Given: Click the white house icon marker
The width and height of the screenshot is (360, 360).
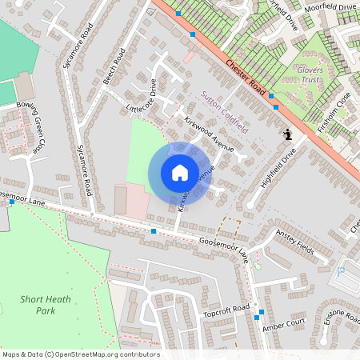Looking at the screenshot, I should coord(180,173).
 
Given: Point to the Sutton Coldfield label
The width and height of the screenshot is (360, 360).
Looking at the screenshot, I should coord(224,112).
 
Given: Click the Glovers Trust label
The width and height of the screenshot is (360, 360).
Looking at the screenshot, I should coord(310,74).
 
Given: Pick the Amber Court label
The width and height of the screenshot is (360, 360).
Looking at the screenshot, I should coord(289,323).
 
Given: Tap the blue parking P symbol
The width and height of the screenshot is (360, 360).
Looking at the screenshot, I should coord(341,272).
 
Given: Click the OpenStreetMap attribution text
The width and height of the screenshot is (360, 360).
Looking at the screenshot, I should coord(80,354).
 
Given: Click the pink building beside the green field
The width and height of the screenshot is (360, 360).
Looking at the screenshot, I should coord(136,202).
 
